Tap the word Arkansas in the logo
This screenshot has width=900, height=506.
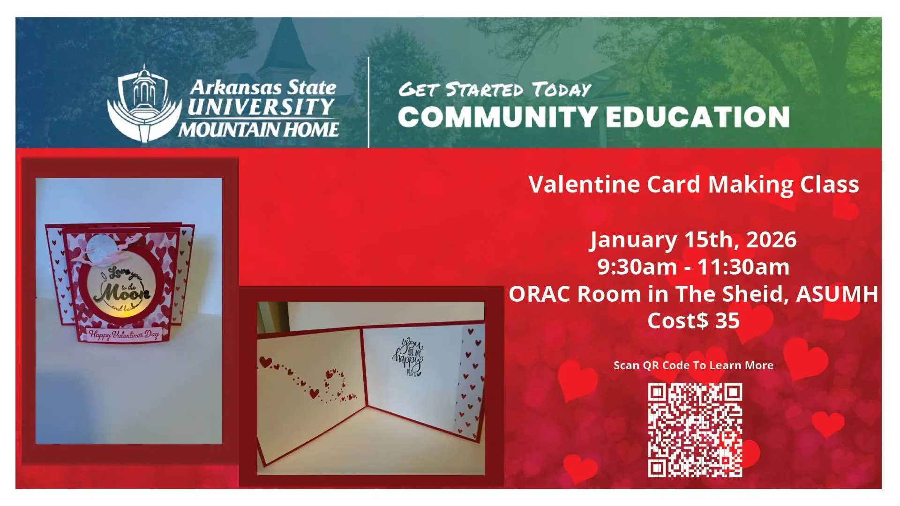pos(236,88)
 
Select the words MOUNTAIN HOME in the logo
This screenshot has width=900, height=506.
pos(258,129)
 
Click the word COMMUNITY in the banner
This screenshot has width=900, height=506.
pos(497,117)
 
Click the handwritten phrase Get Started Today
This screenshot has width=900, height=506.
pos(495,89)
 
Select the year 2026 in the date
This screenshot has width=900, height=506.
pos(771,240)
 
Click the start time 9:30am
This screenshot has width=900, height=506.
pos(637,267)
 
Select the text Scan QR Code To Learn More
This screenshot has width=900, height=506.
pos(693,365)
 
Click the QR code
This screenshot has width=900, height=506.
pos(695,430)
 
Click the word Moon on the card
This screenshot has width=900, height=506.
pos(121,293)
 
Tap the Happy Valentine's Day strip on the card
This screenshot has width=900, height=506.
pos(124,335)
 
